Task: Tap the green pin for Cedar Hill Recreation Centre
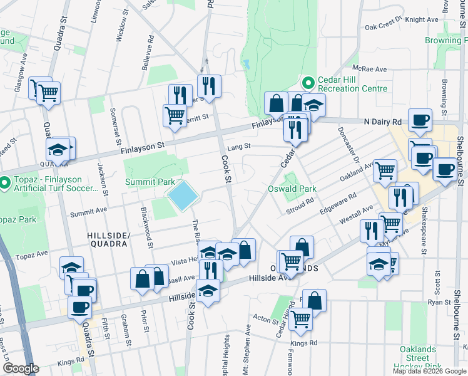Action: coord(307,83)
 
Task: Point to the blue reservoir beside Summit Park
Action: coord(183,196)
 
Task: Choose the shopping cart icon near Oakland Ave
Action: coord(385,169)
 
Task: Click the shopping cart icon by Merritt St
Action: coord(175,115)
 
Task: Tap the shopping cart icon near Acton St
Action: coord(300,318)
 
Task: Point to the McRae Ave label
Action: coord(369,69)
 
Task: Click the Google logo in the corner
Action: coord(21,368)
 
